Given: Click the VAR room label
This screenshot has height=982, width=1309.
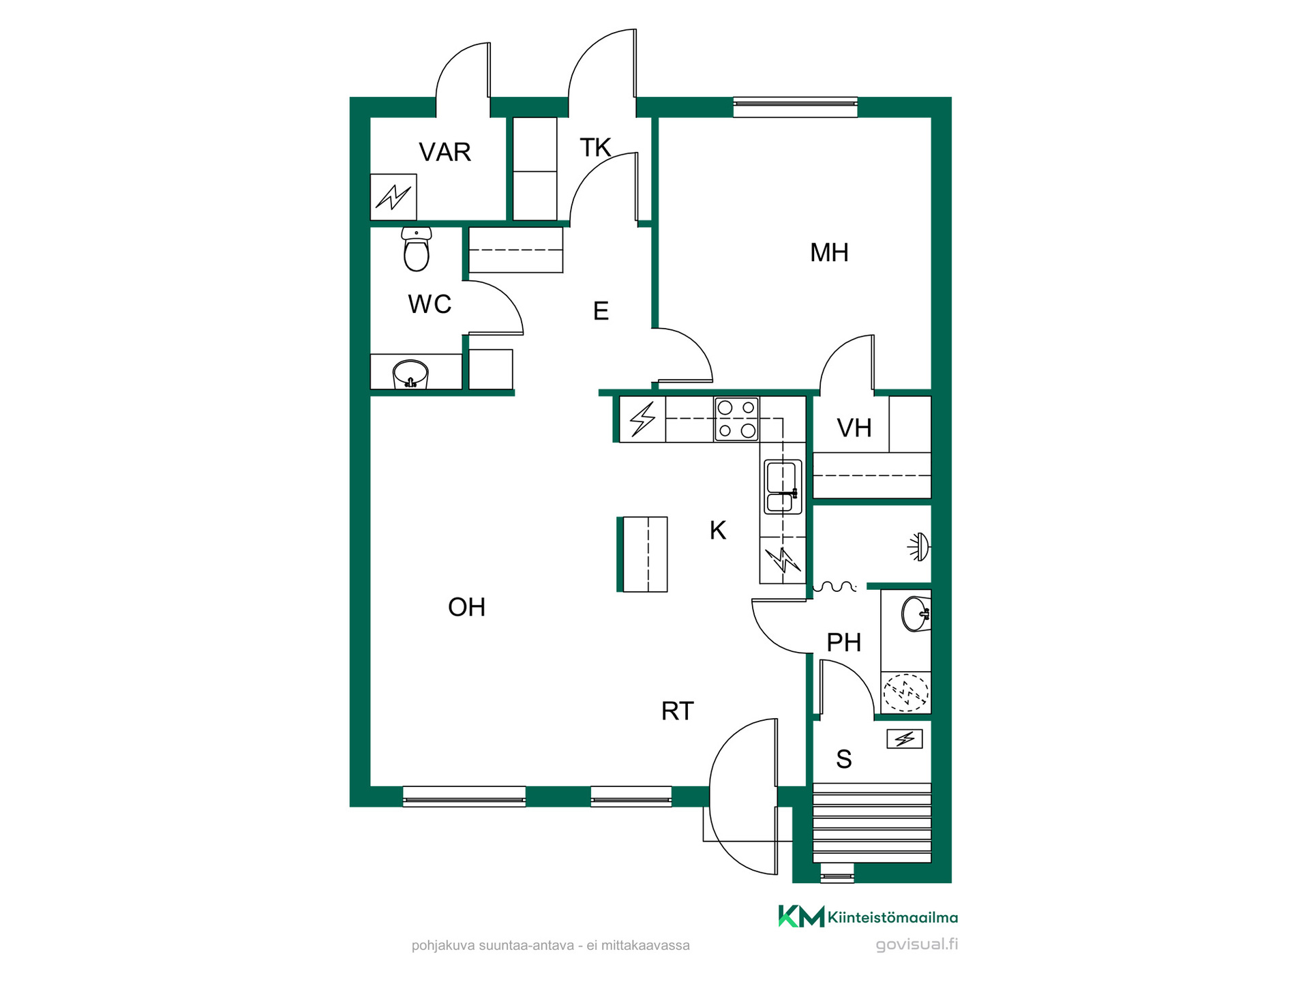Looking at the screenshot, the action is pos(445,152).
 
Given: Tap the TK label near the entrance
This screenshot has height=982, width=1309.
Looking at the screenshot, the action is pos(595,147).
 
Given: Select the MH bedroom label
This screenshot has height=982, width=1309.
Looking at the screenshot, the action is pos(829,252).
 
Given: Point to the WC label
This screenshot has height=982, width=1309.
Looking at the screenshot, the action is pos(430,304).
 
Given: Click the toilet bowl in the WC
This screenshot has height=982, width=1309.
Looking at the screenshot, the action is pos(417,250).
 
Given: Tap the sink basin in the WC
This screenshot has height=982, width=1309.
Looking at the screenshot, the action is pos(410,374).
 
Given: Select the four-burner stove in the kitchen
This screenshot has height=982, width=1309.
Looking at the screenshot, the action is pos(736,419).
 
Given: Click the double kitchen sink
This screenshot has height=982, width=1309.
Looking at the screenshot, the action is pos(783,486).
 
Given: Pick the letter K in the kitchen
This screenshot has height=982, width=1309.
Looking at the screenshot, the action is pos(718,530).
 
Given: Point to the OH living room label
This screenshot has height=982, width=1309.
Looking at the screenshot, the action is pos(466,607).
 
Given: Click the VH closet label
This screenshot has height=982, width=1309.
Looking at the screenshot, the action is pos(854,428).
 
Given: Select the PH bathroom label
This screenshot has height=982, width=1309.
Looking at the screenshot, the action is pos(843,642).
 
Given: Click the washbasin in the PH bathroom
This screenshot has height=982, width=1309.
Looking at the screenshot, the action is pos(916,614).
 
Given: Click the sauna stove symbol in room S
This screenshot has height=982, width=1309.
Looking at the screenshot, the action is pos(905,739).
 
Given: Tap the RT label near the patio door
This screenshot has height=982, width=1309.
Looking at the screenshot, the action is pos(677,711).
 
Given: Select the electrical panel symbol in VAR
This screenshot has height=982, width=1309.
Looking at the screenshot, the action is pos(393,197).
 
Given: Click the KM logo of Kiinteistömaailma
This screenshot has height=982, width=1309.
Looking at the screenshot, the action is pos(801,917).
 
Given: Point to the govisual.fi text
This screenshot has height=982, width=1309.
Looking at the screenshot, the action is pos(916,944).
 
